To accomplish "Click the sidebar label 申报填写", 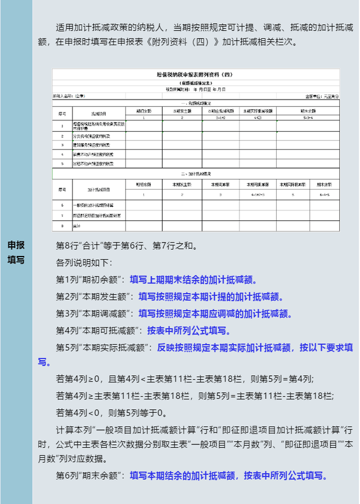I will tap(16, 252).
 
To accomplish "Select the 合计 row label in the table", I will tap(75, 226).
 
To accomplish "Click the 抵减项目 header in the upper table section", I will tap(98, 113).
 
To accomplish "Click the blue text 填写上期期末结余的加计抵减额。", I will tap(192, 279).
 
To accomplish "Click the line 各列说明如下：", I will tap(84, 262).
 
